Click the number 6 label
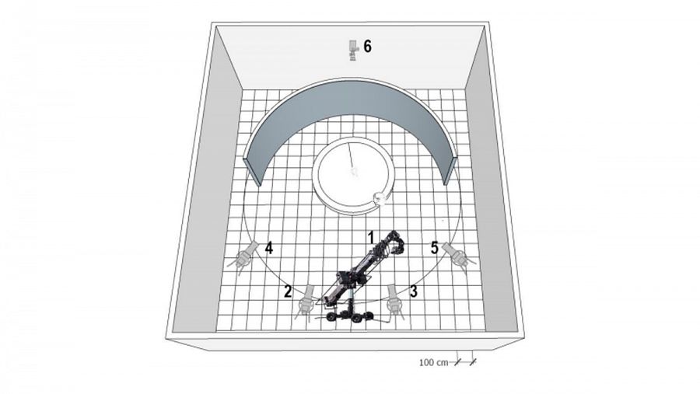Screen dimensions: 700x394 (367, 46)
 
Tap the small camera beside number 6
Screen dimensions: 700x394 (353, 51)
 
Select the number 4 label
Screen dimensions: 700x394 (269, 248)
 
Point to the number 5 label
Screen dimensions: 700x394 (434, 248)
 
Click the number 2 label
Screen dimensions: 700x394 (288, 292)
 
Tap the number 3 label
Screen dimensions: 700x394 (414, 291)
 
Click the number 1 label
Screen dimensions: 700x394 (370, 237)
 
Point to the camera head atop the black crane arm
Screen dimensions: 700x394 (396, 244)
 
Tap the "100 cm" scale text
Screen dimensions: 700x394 (433, 362)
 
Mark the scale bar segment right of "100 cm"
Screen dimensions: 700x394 (465, 362)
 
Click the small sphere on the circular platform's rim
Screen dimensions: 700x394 (380, 197)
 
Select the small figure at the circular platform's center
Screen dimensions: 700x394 (355, 172)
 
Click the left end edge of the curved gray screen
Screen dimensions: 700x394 (253, 171)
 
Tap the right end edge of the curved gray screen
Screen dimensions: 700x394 (450, 170)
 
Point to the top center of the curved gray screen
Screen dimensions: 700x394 (351, 79)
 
